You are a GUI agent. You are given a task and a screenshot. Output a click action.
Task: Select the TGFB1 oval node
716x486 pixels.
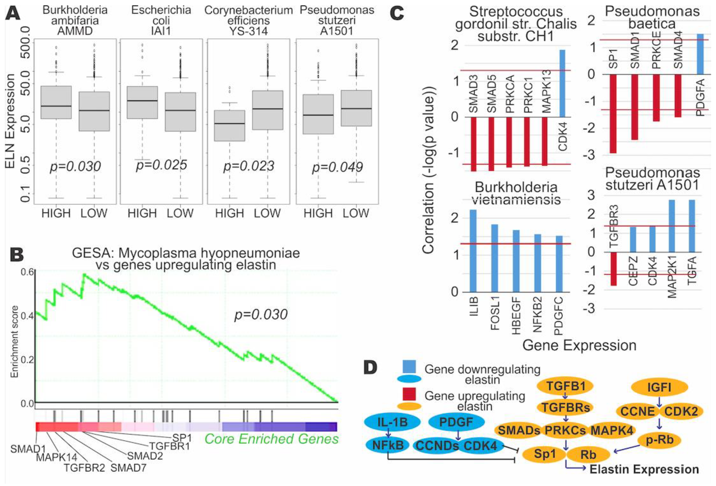[x=565, y=386]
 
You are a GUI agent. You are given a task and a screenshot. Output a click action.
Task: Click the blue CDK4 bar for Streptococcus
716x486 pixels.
[x=562, y=83]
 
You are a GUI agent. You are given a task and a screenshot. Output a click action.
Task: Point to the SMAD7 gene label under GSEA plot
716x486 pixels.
[x=128, y=468]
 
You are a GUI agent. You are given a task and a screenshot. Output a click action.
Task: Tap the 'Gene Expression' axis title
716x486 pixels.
[x=579, y=345]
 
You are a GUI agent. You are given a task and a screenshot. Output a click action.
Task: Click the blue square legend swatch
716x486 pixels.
[x=409, y=367]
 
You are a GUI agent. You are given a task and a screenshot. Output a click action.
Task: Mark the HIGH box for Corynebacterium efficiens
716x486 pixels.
[x=229, y=125]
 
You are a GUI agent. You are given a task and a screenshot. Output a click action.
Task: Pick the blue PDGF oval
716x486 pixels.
[x=456, y=422]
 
